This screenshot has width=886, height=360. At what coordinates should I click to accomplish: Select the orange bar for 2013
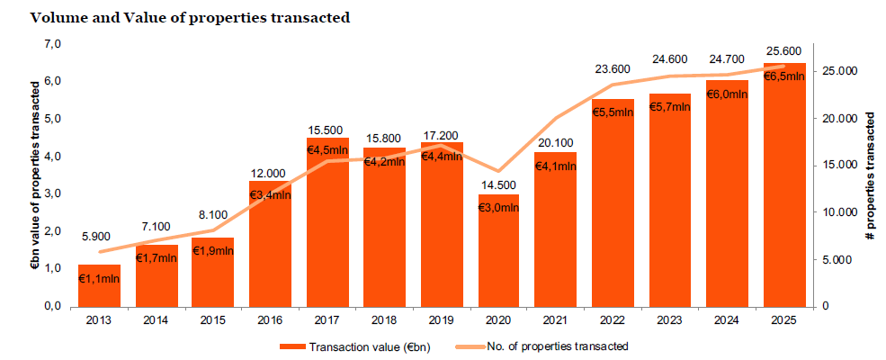pyautogui.click(x=99, y=290)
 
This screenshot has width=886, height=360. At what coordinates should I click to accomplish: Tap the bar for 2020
pyautogui.click(x=498, y=261)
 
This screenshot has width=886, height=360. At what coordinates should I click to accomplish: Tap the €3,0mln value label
pyautogui.click(x=498, y=208)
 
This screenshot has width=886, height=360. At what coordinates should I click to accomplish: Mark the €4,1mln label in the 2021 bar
pyautogui.click(x=556, y=166)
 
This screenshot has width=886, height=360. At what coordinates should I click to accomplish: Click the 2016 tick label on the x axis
pyautogui.click(x=270, y=319)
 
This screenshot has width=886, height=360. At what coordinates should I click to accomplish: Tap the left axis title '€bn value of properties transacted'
pyautogui.click(x=36, y=175)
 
